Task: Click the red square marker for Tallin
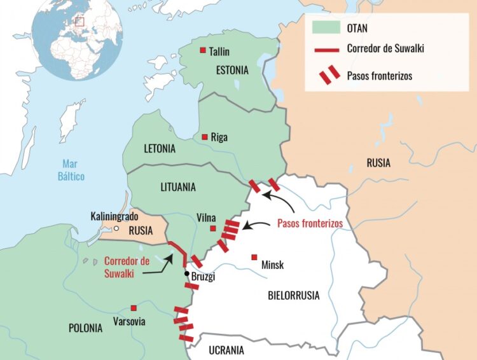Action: click(203, 50)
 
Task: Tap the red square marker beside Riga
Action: click(204, 136)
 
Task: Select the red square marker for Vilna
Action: click(212, 228)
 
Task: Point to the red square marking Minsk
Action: click(254, 257)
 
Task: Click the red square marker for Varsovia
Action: click(134, 307)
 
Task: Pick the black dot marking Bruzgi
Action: click(186, 274)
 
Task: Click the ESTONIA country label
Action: click(232, 70)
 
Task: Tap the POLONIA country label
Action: click(85, 328)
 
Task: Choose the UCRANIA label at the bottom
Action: click(226, 350)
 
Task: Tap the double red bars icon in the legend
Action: click(329, 76)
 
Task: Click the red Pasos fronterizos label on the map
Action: click(310, 224)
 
